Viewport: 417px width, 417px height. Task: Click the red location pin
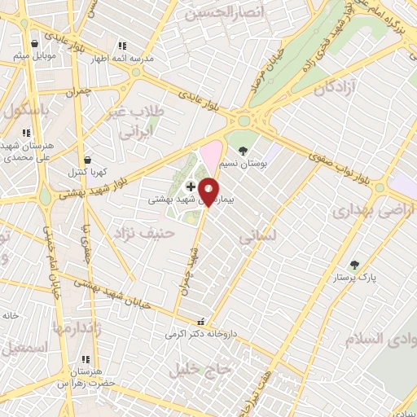[x=208, y=191]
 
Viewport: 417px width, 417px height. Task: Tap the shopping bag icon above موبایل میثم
[x=34, y=44]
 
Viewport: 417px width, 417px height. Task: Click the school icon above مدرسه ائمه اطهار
[x=122, y=46]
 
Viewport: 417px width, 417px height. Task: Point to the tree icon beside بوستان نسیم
[x=243, y=150]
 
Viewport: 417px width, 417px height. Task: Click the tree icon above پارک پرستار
[x=353, y=264]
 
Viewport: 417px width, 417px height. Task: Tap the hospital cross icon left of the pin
[x=191, y=187]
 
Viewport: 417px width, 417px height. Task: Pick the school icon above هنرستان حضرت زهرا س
[x=85, y=359]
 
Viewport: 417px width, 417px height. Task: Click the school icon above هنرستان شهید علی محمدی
[x=26, y=132]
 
